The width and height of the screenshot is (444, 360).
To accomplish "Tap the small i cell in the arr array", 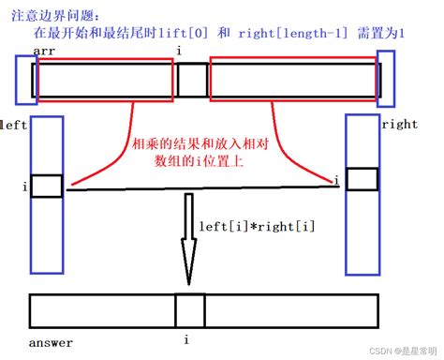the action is [x=192, y=80].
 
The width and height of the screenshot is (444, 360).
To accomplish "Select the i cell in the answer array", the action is [x=189, y=309].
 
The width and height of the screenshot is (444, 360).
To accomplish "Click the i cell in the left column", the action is [x=46, y=187].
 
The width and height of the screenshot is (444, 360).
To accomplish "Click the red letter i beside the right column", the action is [x=335, y=179].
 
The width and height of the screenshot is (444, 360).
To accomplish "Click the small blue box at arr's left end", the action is [x=24, y=79].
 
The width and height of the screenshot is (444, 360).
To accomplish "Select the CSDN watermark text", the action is [x=406, y=351].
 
